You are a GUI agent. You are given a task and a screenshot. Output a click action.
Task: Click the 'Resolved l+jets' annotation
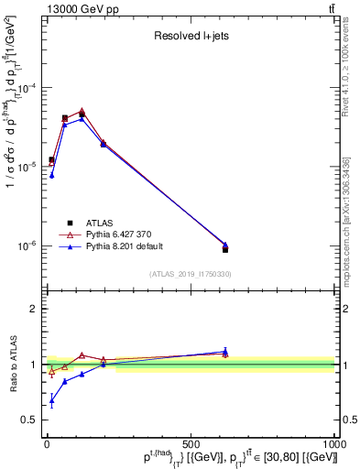191,36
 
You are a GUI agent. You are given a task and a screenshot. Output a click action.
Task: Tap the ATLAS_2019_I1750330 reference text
191,274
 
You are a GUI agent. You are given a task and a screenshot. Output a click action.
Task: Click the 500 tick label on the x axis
191,444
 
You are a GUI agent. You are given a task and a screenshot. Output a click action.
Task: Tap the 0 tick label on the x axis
47,444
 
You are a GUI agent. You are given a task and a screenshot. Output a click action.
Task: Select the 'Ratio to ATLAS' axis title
11,365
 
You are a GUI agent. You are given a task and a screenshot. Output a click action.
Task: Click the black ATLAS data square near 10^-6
225,249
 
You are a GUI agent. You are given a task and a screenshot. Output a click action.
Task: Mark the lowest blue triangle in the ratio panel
52,400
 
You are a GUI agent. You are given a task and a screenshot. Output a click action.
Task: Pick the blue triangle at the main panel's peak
82,118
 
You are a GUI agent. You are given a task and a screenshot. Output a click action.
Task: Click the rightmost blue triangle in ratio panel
225,351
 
